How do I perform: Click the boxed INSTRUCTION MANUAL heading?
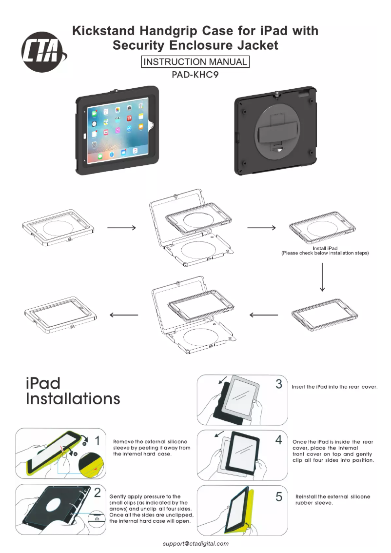coord(195,62)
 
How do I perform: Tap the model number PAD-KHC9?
coord(195,75)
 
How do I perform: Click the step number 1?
coord(98,441)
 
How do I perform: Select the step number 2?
coord(98,492)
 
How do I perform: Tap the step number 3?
coord(279,384)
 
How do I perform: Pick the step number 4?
coord(279,440)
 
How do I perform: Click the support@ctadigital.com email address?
coord(195,543)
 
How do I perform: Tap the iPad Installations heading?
coord(73,391)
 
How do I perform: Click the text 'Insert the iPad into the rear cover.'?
coord(334,387)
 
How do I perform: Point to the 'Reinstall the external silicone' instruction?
coord(332,496)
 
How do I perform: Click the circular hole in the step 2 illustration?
coord(54,509)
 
